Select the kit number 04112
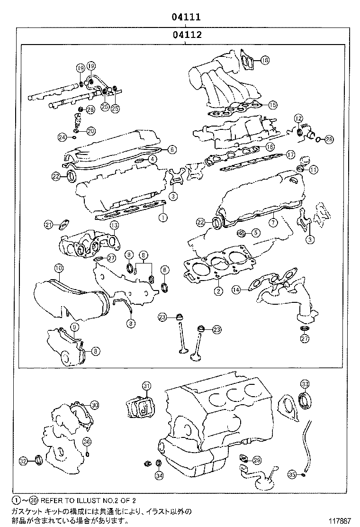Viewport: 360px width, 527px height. [x=185, y=35]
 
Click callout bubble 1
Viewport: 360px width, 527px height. [x=162, y=218]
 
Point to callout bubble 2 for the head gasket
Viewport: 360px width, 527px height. [x=218, y=291]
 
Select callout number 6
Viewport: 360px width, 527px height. [x=171, y=149]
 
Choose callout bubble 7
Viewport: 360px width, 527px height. [x=273, y=222]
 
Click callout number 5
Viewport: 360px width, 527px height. [x=255, y=232]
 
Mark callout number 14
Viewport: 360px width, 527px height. [x=236, y=289]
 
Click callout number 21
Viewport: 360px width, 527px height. [x=48, y=225]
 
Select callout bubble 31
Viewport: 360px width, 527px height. [x=146, y=385]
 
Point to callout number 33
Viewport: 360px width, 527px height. [x=305, y=383]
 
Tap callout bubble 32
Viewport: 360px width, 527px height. [x=23, y=460]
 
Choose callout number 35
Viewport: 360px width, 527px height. [x=292, y=473]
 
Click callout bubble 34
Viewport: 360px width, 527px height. [x=159, y=475]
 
